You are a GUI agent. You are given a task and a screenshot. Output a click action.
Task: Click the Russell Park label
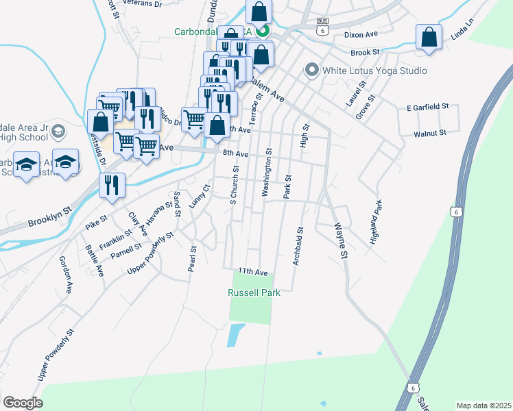pos(254,292)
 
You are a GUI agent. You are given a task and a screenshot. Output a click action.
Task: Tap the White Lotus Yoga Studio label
pos(375,71)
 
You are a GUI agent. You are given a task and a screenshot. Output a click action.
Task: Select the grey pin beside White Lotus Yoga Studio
pos(312,70)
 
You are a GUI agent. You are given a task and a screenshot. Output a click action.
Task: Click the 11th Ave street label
pos(252,272)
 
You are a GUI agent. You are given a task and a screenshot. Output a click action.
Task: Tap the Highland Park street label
pos(375,223)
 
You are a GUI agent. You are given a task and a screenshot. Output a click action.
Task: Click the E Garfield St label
pos(427,108)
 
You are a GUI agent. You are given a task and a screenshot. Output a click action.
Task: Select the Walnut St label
pos(430,133)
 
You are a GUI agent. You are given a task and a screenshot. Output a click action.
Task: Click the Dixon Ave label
pos(361,34)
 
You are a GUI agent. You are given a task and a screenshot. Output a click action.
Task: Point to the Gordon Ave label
pos(66,275)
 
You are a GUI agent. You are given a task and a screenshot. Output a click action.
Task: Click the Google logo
pos(23,402)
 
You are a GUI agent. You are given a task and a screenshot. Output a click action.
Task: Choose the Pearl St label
pos(193,259)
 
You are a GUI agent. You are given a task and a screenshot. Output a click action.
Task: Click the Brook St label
pos(364,52)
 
